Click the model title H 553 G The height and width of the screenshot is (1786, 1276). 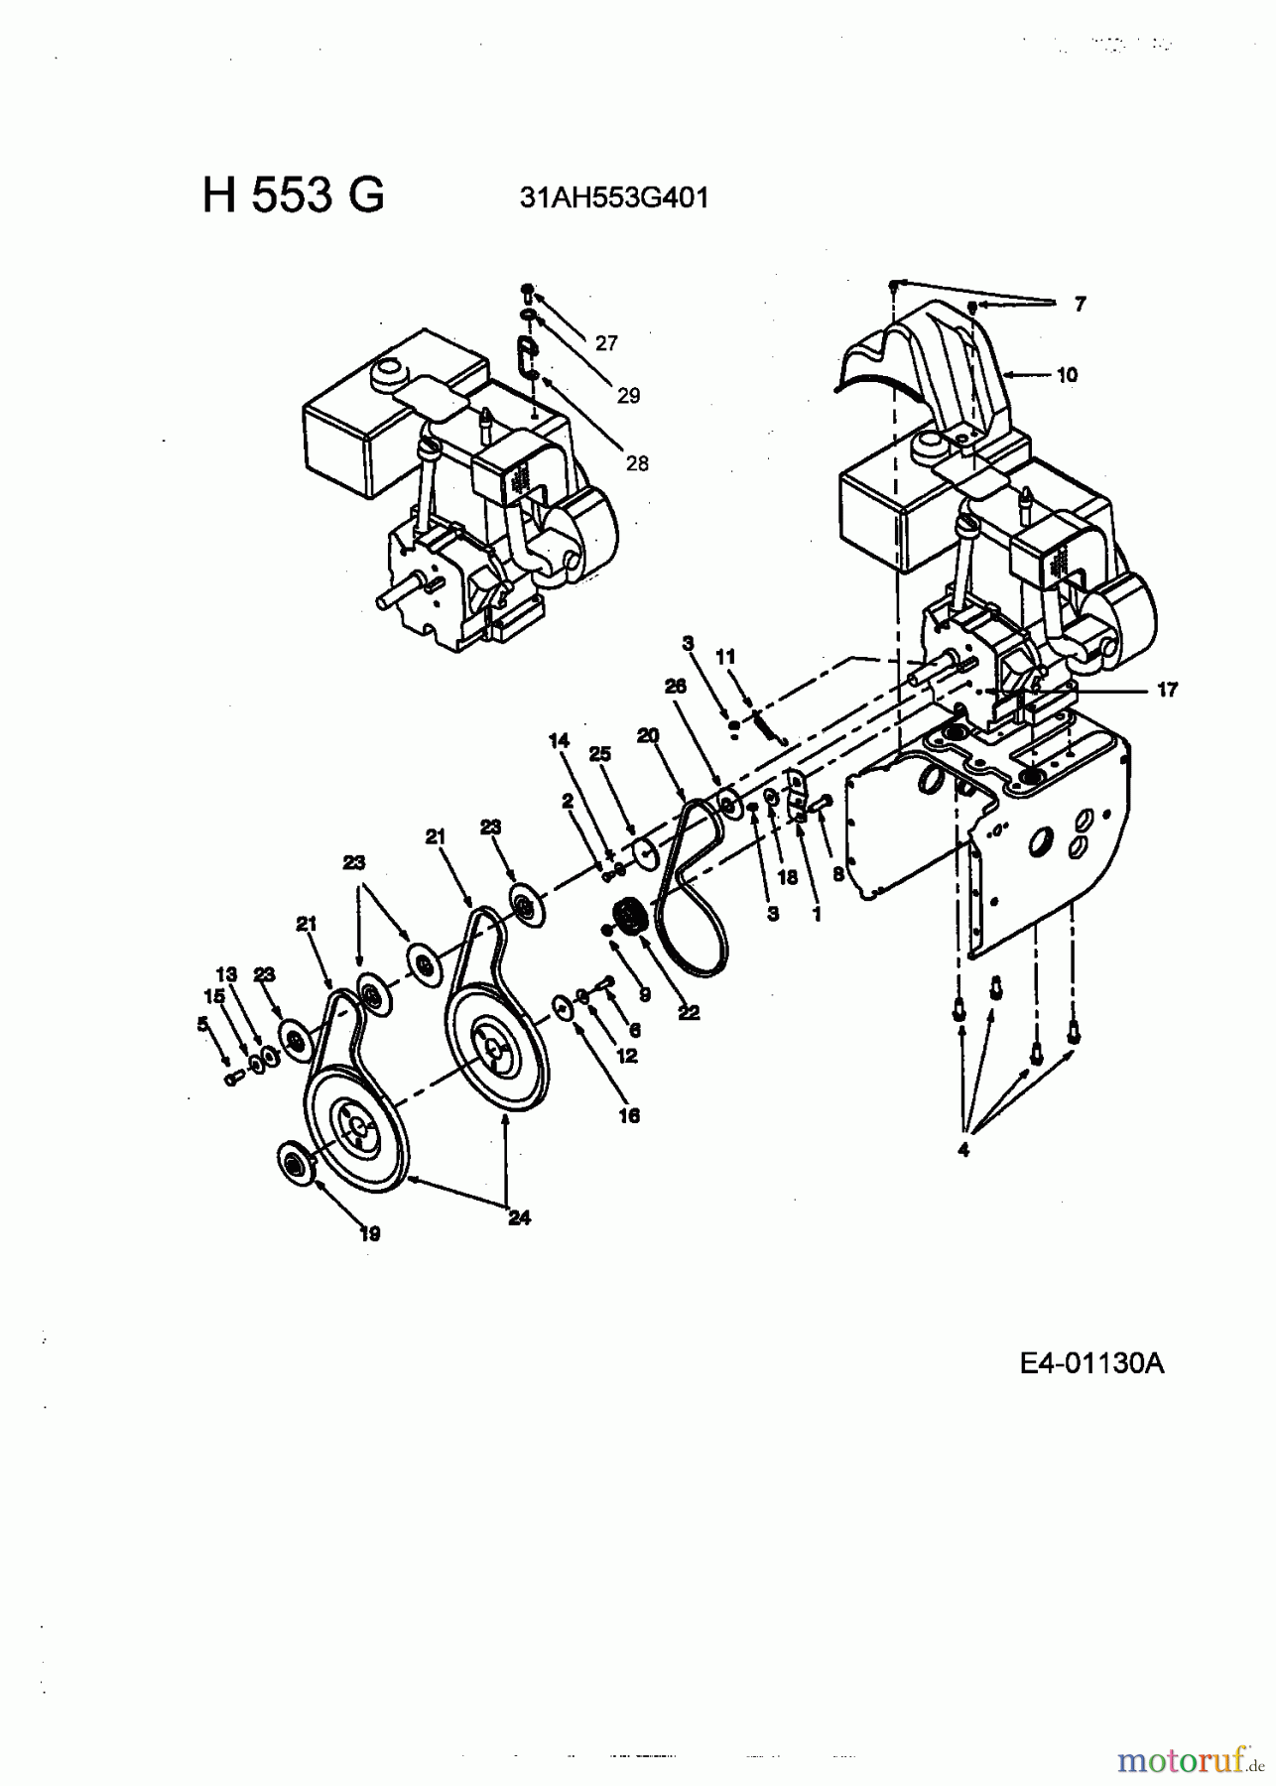(293, 195)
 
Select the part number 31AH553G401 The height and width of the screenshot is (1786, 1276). (614, 197)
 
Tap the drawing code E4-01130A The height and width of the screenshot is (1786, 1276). (1091, 1363)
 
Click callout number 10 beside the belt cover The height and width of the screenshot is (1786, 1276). (1067, 375)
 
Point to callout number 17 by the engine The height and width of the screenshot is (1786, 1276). (1167, 689)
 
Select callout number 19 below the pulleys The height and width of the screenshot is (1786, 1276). (370, 1234)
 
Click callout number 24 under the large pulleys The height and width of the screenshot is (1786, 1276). (519, 1217)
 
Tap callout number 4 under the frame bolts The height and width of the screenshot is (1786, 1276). (963, 1150)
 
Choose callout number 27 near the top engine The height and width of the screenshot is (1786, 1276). (606, 343)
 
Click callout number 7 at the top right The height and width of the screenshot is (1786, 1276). (1080, 305)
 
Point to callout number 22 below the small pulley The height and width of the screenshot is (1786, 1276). (689, 1013)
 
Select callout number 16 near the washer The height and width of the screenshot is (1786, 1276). (629, 1115)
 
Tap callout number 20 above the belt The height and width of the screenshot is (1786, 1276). (648, 735)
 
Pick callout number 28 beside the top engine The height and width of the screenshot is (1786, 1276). (636, 463)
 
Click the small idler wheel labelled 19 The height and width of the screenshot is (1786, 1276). (296, 1160)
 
